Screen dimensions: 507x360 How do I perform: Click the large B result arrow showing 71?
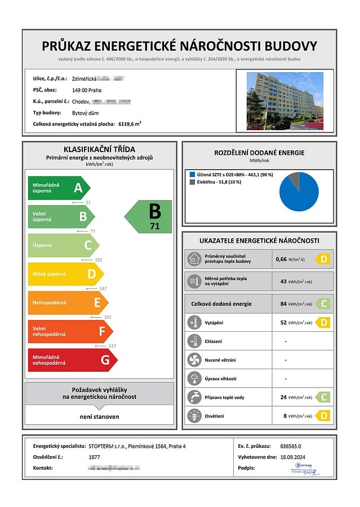[x=149, y=217]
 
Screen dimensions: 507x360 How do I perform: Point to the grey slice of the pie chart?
[x=294, y=180]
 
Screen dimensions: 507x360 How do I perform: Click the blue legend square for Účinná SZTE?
[x=192, y=175]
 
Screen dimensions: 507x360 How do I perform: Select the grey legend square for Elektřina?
[x=192, y=182]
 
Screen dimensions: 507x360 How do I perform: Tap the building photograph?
[x=285, y=101]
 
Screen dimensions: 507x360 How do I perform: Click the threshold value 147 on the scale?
[x=103, y=288]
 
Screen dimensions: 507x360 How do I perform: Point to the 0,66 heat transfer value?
[x=281, y=260]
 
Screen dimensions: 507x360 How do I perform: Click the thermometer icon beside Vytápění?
[x=194, y=323]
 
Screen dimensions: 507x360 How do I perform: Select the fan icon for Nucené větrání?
[x=194, y=360]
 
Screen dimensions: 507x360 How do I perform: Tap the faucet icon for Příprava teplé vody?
[x=194, y=397]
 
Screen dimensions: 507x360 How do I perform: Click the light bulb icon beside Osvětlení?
[x=194, y=416]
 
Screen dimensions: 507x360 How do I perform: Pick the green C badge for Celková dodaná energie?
[x=323, y=304]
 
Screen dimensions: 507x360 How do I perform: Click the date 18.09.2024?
[x=296, y=457]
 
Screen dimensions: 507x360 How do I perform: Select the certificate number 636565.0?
[x=292, y=446]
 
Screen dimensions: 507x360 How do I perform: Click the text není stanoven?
[x=99, y=417]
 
